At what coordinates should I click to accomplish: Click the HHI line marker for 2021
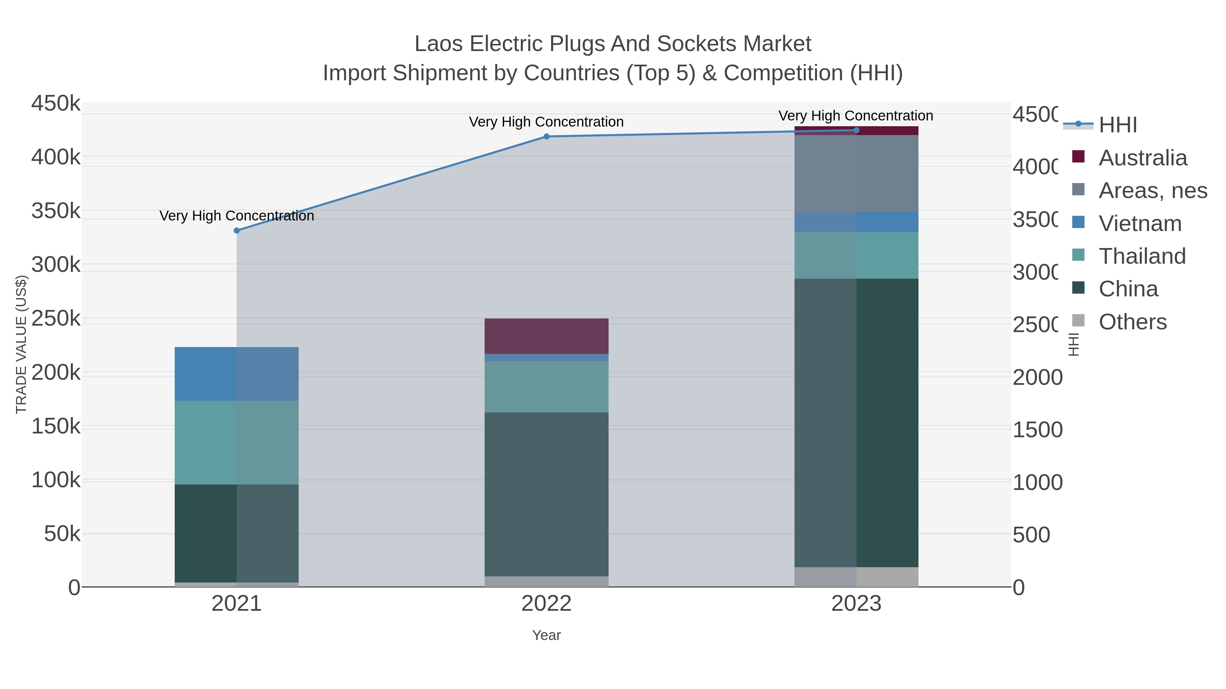coord(237,231)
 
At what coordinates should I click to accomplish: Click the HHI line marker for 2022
coord(546,136)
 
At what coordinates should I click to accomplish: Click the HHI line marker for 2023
coord(856,130)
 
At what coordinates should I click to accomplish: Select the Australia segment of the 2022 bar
coord(546,336)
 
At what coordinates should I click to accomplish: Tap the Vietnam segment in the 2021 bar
coord(237,374)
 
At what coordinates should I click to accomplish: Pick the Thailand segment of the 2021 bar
coord(237,442)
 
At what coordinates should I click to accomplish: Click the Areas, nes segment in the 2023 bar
coord(856,174)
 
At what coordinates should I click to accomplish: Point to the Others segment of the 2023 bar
coord(856,577)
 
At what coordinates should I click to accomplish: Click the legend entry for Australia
coord(1142,158)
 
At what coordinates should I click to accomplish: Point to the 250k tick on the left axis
coord(56,318)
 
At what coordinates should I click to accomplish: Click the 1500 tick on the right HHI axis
coord(1038,430)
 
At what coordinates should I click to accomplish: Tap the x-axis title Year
coord(546,635)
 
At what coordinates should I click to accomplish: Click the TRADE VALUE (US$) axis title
coord(21,344)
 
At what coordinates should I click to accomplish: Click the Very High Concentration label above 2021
coord(237,216)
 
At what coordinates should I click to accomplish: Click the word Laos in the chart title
coord(438,44)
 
